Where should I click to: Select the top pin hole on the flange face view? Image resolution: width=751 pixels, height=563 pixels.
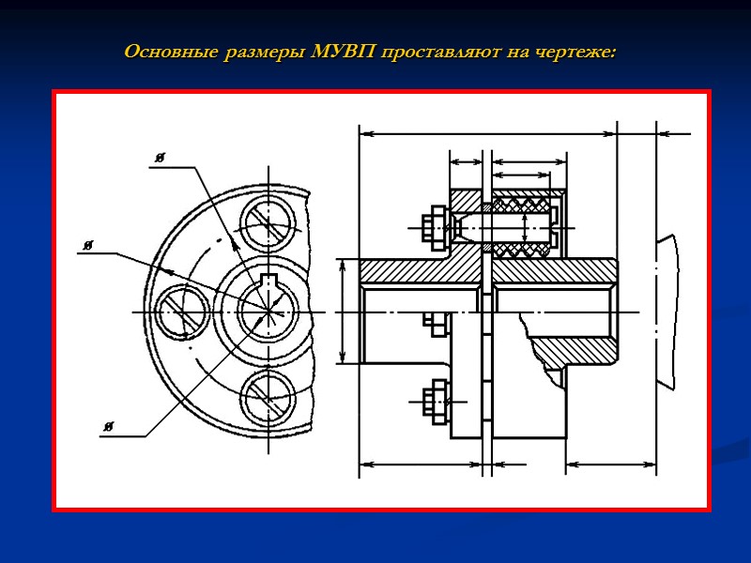pos(268,224)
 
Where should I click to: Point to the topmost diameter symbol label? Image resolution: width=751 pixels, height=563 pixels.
pos(161,160)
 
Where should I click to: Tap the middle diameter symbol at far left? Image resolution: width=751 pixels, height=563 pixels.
pos(87,246)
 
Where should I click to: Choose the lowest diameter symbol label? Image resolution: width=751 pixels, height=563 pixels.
pos(109,428)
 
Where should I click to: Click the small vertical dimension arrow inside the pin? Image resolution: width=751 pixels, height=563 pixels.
pos(525,226)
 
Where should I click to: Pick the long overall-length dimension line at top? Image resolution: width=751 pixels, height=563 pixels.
pos(488,134)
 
